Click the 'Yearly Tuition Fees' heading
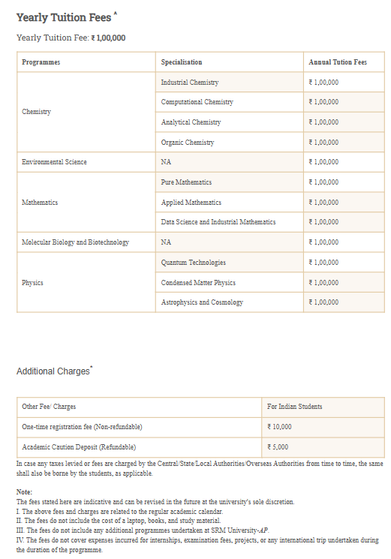coord(63,17)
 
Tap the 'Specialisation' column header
coord(182,62)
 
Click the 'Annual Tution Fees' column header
coord(338,62)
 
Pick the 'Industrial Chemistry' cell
coord(190,82)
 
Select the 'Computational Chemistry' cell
coord(197,102)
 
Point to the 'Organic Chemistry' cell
coord(188,142)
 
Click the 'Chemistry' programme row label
coord(37,112)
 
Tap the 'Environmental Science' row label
coord(54,162)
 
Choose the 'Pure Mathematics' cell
coord(186,182)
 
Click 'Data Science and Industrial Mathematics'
coord(218,222)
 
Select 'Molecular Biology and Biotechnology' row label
coord(75,242)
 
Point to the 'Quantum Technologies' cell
coord(194,263)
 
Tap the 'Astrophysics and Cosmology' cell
coord(202,302)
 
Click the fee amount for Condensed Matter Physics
coord(324,283)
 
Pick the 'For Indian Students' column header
coord(295,407)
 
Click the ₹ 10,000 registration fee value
coord(279,427)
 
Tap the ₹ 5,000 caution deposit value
coord(278,447)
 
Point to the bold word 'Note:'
coord(25,491)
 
